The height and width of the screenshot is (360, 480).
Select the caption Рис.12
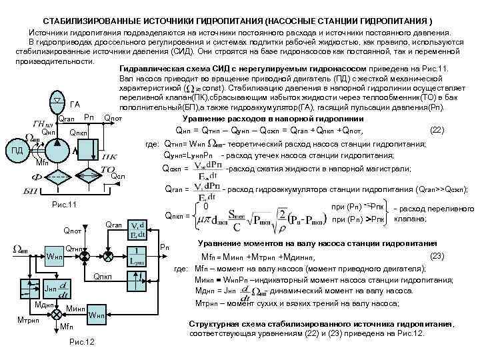81,342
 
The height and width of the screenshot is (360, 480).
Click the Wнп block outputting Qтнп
54,257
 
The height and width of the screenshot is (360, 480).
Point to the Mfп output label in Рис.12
66,328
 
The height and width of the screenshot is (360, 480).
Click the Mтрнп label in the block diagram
27,319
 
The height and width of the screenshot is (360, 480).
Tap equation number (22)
437,130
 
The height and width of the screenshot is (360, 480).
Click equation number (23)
437,255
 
